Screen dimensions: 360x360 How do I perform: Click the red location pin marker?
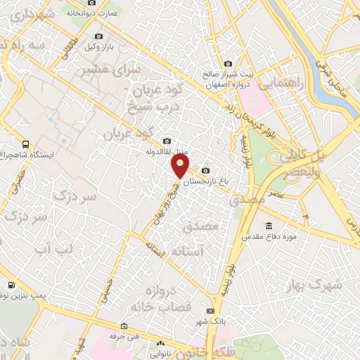pyautogui.click(x=181, y=166)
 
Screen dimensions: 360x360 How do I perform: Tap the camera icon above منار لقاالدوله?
pyautogui.click(x=166, y=141)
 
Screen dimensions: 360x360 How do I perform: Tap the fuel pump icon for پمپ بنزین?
pyautogui.click(x=11, y=285)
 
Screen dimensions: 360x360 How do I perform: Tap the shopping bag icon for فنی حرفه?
pyautogui.click(x=124, y=326)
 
